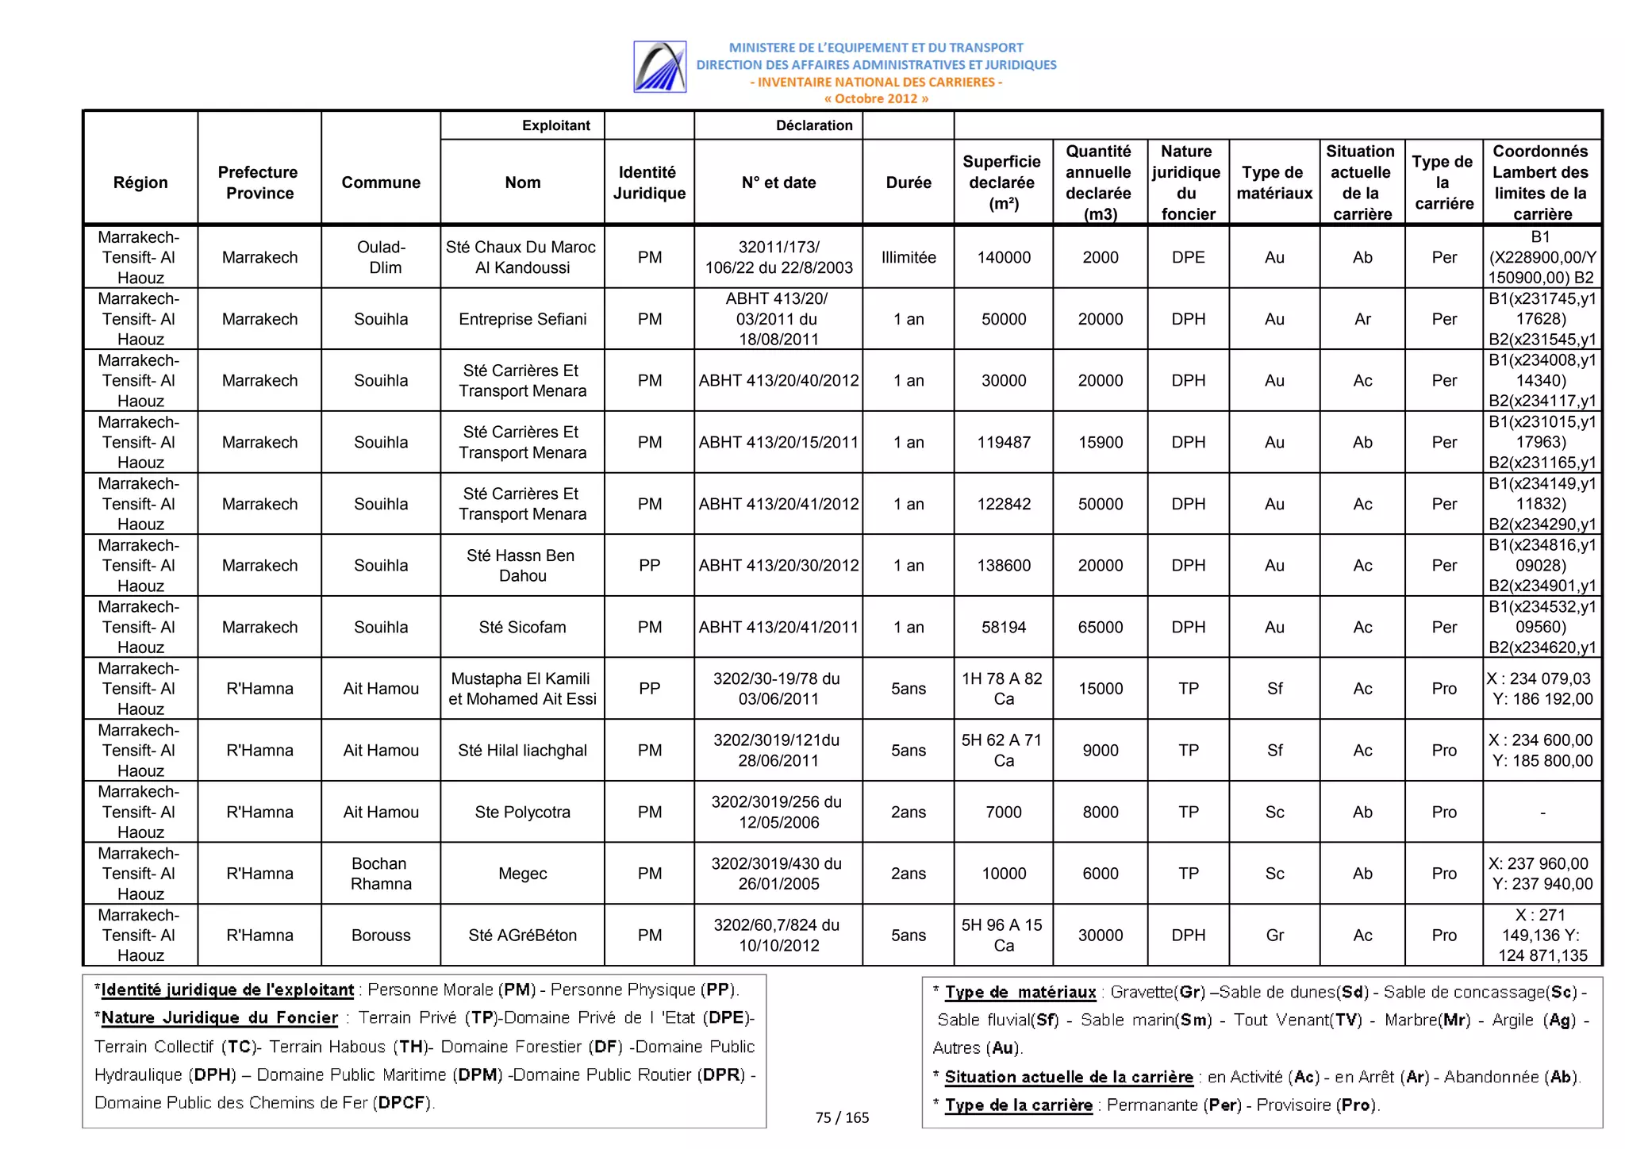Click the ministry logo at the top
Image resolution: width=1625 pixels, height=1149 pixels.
pyautogui.click(x=659, y=67)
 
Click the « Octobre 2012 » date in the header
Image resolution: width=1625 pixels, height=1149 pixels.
pyautogui.click(x=875, y=98)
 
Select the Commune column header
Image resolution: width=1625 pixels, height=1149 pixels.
pyautogui.click(x=381, y=183)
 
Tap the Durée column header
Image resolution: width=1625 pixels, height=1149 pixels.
pyautogui.click(x=909, y=183)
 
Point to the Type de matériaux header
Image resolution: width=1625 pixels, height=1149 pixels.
pyautogui.click(x=1274, y=183)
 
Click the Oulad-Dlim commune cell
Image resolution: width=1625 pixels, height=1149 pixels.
pyautogui.click(x=381, y=257)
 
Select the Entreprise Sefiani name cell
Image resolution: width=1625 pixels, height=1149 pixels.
pyautogui.click(x=522, y=319)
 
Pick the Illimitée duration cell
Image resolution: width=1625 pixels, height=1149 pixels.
pyautogui.click(x=909, y=257)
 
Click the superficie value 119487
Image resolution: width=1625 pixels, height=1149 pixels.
pyautogui.click(x=1004, y=442)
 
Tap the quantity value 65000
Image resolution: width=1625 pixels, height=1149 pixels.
pyautogui.click(x=1100, y=627)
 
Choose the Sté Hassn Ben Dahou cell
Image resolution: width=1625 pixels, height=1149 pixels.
pyautogui.click(x=522, y=565)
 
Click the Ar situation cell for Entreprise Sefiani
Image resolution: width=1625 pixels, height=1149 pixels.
pyautogui.click(x=1362, y=319)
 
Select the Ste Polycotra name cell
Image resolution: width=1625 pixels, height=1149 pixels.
pyautogui.click(x=522, y=812)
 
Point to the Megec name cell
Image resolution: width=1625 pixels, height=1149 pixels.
pyautogui.click(x=522, y=874)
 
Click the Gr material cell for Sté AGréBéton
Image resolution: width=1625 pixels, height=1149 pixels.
pyautogui.click(x=1274, y=935)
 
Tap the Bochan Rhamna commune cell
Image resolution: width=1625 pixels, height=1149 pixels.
pyautogui.click(x=381, y=874)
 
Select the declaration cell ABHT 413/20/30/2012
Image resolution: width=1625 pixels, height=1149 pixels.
pyautogui.click(x=778, y=565)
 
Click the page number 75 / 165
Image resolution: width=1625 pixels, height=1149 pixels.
pyautogui.click(x=842, y=1117)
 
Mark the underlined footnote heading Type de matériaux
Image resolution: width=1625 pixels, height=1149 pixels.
pyautogui.click(x=1020, y=992)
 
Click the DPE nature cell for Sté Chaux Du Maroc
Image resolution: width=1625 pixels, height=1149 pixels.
pyautogui.click(x=1188, y=257)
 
